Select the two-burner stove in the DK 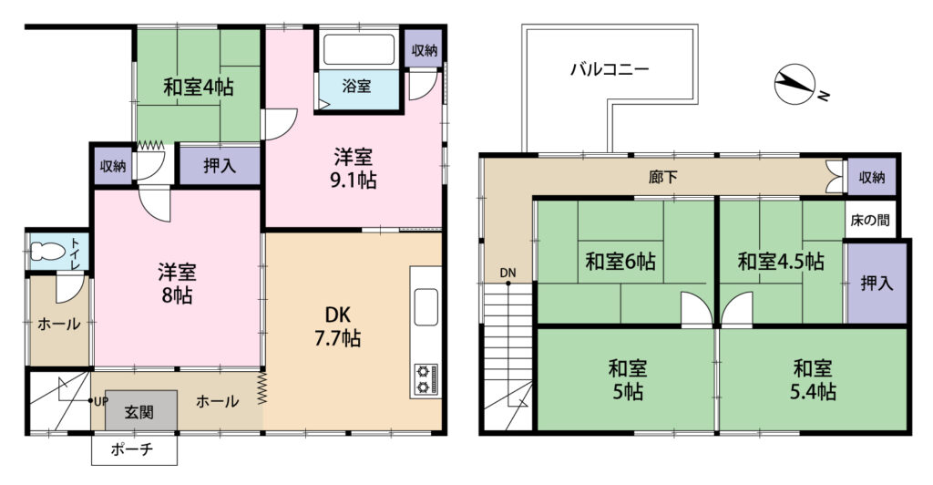pos(426,380)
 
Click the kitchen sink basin pos(426,307)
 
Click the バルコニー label pos(610,69)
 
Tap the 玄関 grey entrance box pos(141,410)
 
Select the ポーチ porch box pos(135,449)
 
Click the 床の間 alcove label pos(870,221)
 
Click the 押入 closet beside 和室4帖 pos(220,165)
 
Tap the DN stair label pos(508,273)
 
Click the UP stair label pos(101,401)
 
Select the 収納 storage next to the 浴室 pos(425,50)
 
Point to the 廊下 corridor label pos(663,177)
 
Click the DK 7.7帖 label pos(337,326)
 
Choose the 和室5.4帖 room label pos(813,379)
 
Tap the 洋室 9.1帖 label pos(354,169)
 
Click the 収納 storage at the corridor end pos(872,177)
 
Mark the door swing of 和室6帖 pos(695,308)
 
